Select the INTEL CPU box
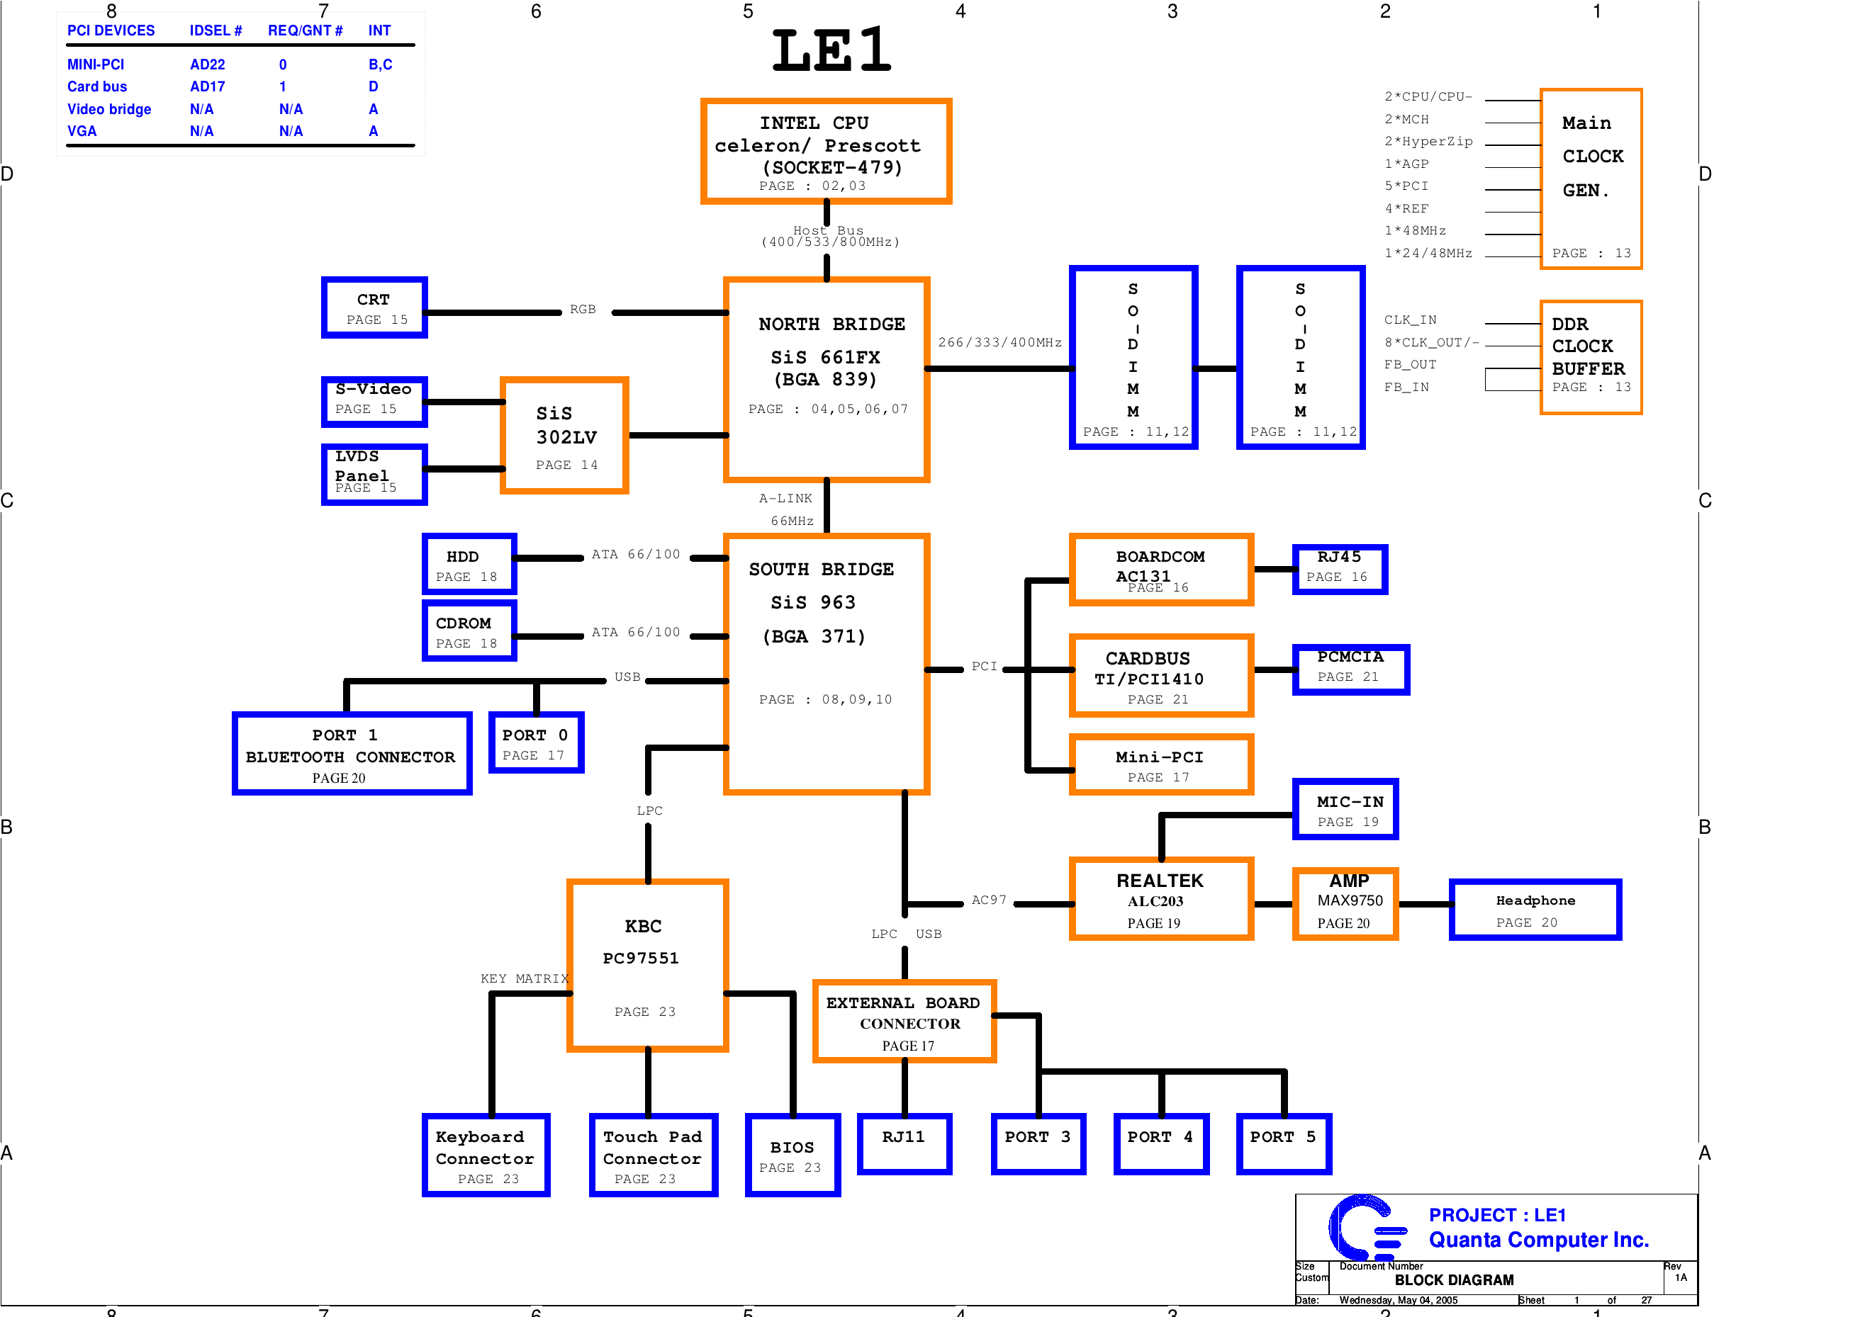[825, 152]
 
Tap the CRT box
[374, 307]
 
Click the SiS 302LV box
[564, 435]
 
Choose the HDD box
[469, 565]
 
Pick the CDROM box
[469, 631]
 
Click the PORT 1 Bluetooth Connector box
[351, 754]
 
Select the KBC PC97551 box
[646, 966]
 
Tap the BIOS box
[792, 1155]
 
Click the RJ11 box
[903, 1144]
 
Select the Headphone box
[1535, 910]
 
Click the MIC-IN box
[1345, 810]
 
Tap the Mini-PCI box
[1160, 765]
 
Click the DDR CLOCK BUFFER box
[1590, 357]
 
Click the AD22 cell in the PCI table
[207, 64]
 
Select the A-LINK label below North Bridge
[785, 499]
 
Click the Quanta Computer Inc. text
[1538, 1240]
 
